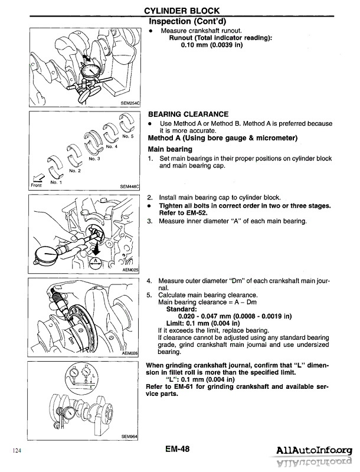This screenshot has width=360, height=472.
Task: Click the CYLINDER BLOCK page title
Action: (x=183, y=11)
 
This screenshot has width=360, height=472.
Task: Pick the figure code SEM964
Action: (x=129, y=436)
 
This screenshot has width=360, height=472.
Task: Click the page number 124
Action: (x=16, y=451)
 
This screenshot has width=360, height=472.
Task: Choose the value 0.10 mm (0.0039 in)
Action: (x=211, y=45)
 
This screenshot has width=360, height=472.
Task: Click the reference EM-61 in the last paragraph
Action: (x=181, y=386)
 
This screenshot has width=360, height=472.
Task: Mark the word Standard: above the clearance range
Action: (x=182, y=309)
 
